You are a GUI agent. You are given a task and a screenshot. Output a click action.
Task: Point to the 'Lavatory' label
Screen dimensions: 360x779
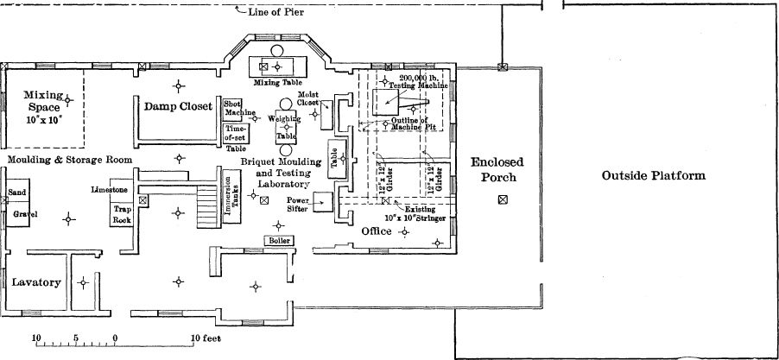tap(35, 282)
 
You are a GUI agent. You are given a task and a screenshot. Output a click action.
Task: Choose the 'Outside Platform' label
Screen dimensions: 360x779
tap(653, 176)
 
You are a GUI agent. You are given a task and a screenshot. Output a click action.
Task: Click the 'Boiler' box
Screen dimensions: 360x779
tap(279, 240)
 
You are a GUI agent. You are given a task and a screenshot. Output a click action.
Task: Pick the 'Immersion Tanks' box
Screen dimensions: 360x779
tap(230, 199)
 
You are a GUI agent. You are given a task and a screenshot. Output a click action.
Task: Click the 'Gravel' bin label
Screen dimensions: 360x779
tap(22, 212)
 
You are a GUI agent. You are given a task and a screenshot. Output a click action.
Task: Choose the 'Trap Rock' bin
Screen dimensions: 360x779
tap(122, 214)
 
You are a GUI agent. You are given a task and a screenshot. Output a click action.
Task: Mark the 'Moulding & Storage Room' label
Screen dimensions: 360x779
tap(71, 161)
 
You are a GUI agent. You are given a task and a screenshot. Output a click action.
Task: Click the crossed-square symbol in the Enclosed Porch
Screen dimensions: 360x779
tap(502, 200)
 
